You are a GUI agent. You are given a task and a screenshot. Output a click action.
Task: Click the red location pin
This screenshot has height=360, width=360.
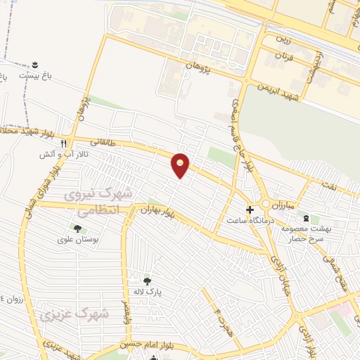(181, 165)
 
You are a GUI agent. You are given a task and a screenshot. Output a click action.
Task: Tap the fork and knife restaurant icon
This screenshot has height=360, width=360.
(64, 141)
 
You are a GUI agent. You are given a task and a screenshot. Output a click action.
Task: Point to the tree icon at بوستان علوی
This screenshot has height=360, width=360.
(77, 228)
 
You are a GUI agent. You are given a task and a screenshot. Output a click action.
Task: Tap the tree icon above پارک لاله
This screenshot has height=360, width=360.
(147, 283)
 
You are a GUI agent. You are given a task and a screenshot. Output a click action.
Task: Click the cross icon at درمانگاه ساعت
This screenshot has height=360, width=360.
(250, 210)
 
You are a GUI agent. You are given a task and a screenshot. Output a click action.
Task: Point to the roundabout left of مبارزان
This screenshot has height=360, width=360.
(266, 204)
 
